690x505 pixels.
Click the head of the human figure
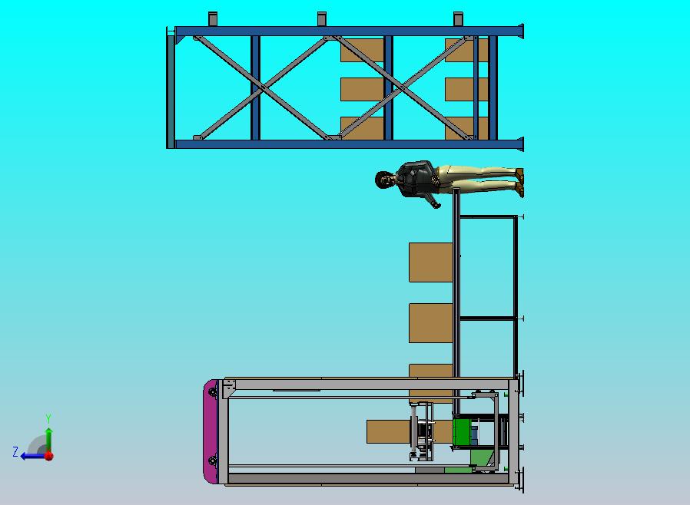point(383,180)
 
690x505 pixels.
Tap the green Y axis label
point(48,418)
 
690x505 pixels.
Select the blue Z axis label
point(15,451)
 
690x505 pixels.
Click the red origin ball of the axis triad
point(49,456)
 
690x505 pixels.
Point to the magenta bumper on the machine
point(211,431)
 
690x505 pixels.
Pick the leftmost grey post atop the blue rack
point(213,19)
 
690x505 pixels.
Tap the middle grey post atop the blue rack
point(322,19)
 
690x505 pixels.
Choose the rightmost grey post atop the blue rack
point(458,19)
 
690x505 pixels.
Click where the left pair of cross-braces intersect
point(263,88)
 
